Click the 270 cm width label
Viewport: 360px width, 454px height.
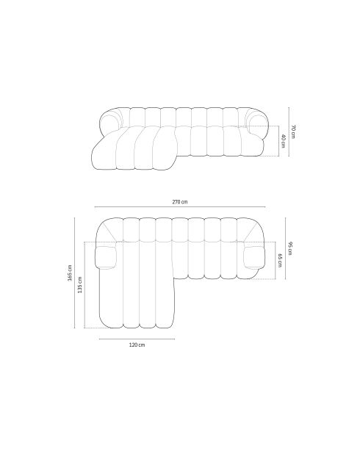point(180,202)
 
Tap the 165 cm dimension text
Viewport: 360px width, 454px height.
point(70,273)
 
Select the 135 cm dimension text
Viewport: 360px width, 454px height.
point(79,284)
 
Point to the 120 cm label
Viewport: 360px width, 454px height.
point(137,345)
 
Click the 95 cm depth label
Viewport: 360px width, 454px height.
point(290,249)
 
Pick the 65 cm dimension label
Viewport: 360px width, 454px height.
point(280,261)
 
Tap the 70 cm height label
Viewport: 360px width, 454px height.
point(293,131)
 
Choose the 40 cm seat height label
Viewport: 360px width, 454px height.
point(283,141)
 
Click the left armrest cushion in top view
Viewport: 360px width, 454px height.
point(106,257)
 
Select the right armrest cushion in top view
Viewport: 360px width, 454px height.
point(254,257)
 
